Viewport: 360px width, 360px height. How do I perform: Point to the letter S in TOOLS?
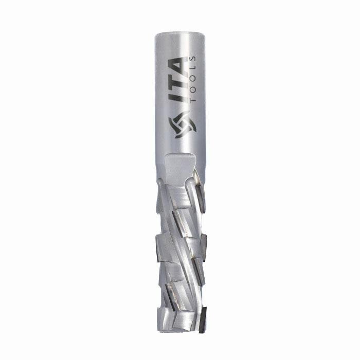tap(193, 59)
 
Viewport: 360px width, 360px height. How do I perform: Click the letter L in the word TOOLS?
tap(193, 68)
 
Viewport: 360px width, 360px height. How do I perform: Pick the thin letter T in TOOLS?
tap(193, 99)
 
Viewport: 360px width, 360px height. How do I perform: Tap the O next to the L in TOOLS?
tap(193, 78)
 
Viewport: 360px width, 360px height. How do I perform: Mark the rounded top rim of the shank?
tap(180, 35)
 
